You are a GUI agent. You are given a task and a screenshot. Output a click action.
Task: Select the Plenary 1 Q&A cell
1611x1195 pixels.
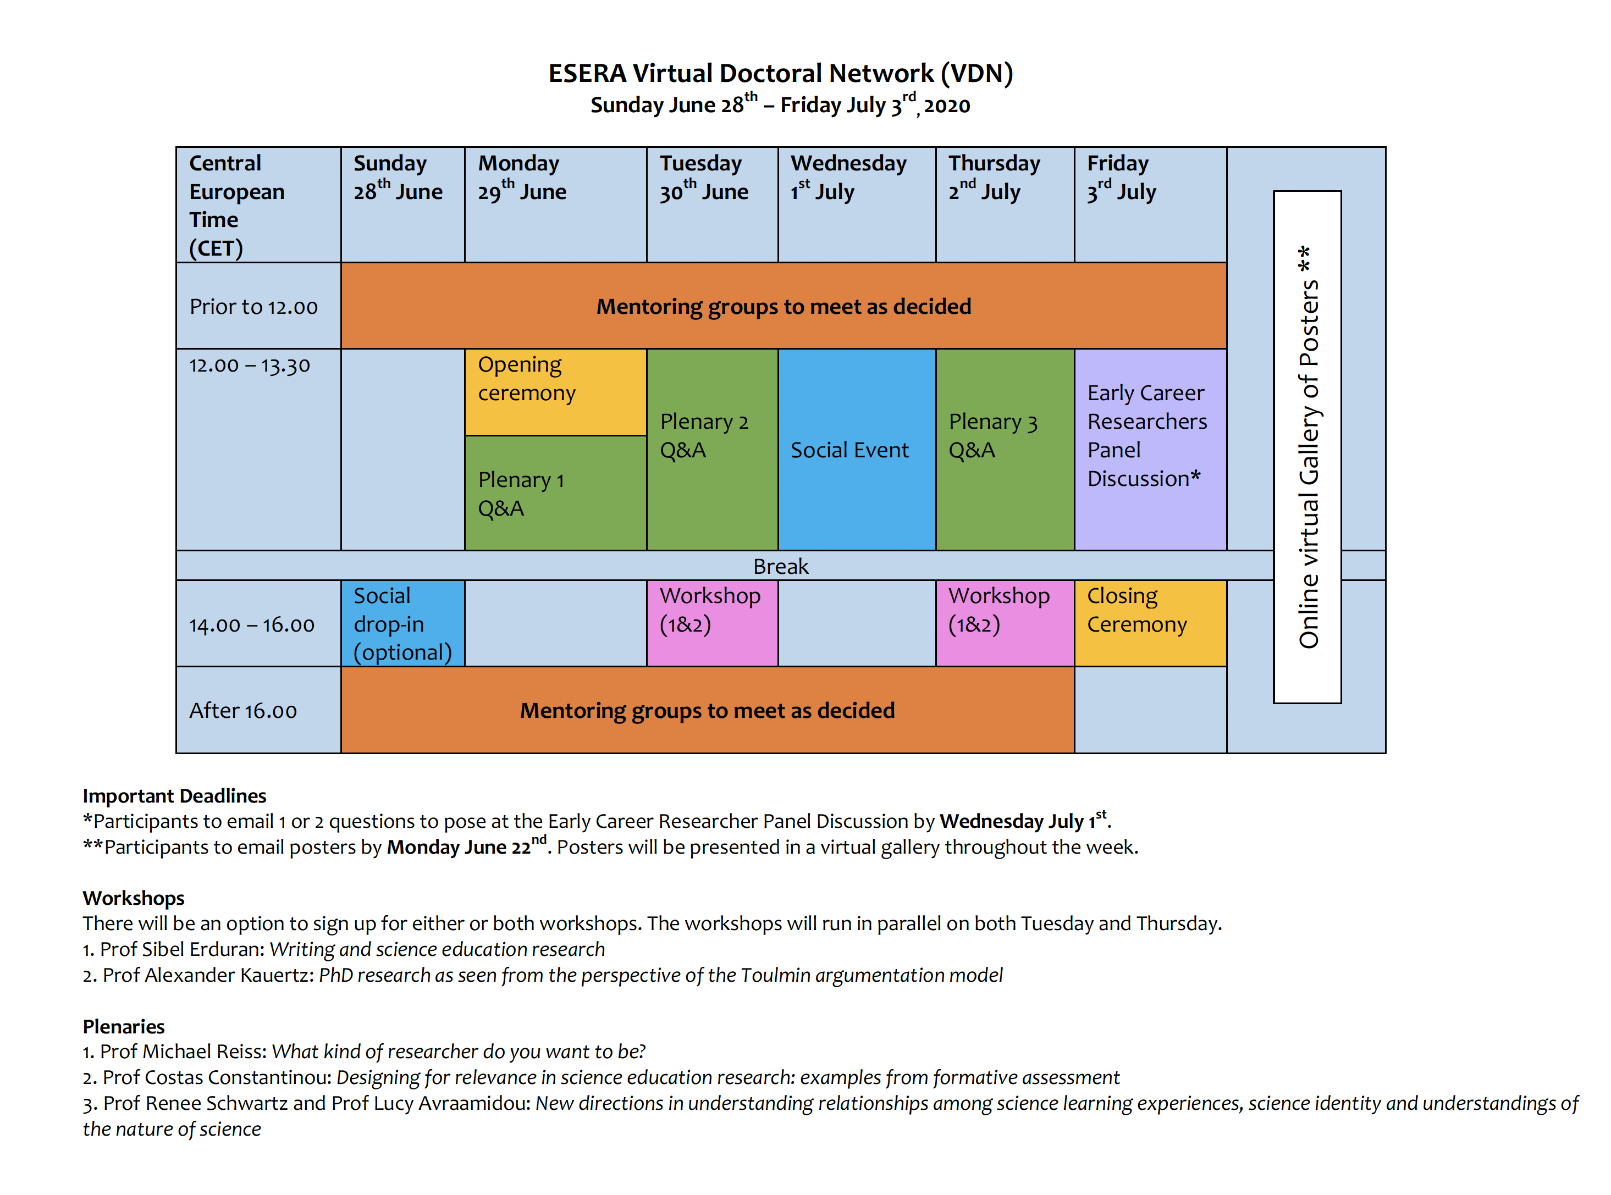point(555,493)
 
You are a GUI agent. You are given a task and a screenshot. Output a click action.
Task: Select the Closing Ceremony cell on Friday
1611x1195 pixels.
point(1150,623)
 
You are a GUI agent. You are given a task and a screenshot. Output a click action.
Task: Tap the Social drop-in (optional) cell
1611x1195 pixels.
point(403,623)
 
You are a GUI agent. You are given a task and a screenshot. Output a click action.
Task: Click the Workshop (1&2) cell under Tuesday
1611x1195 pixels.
point(712,623)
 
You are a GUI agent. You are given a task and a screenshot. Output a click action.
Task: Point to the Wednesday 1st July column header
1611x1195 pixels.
point(857,204)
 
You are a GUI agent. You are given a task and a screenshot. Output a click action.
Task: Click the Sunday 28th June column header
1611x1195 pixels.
point(403,204)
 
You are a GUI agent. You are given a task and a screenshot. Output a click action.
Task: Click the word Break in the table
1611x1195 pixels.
point(781,566)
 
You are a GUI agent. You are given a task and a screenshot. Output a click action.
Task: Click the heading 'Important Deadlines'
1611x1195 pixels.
point(174,796)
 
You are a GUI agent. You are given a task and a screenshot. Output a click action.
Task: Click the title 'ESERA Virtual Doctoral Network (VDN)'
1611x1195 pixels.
point(781,73)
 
